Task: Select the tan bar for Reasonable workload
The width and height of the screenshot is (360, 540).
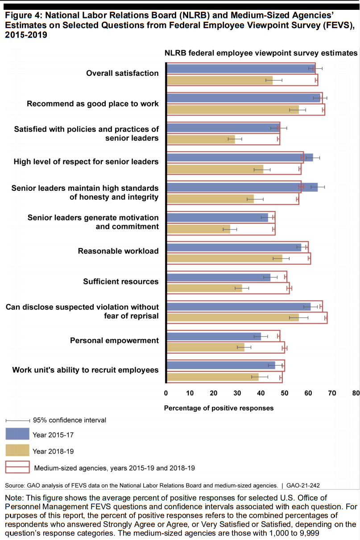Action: pyautogui.click(x=224, y=259)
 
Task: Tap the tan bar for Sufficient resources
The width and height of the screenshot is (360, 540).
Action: pyautogui.click(x=204, y=289)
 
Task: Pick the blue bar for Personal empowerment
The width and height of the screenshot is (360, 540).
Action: pyautogui.click(x=214, y=337)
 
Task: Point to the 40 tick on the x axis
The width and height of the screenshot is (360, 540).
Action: pyautogui.click(x=261, y=393)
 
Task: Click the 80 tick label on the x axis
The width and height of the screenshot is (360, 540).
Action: pyautogui.click(x=356, y=393)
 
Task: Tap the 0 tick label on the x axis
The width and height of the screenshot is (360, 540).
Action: pyautogui.click(x=166, y=393)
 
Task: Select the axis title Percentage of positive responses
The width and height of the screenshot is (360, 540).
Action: pyautogui.click(x=219, y=408)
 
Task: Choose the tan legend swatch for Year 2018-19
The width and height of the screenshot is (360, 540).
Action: pyautogui.click(x=17, y=450)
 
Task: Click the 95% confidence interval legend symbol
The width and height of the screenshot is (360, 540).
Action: pyautogui.click(x=17, y=421)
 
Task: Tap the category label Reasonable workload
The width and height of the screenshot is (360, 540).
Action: pyautogui.click(x=118, y=251)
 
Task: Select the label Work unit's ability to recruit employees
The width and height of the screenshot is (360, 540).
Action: pyautogui.click(x=85, y=370)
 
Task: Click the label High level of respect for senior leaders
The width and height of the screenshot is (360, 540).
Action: pyautogui.click(x=86, y=161)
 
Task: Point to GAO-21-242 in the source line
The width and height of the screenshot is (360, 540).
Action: pyautogui.click(x=303, y=485)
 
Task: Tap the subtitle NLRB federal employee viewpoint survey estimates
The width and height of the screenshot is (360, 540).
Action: pyautogui.click(x=261, y=53)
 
